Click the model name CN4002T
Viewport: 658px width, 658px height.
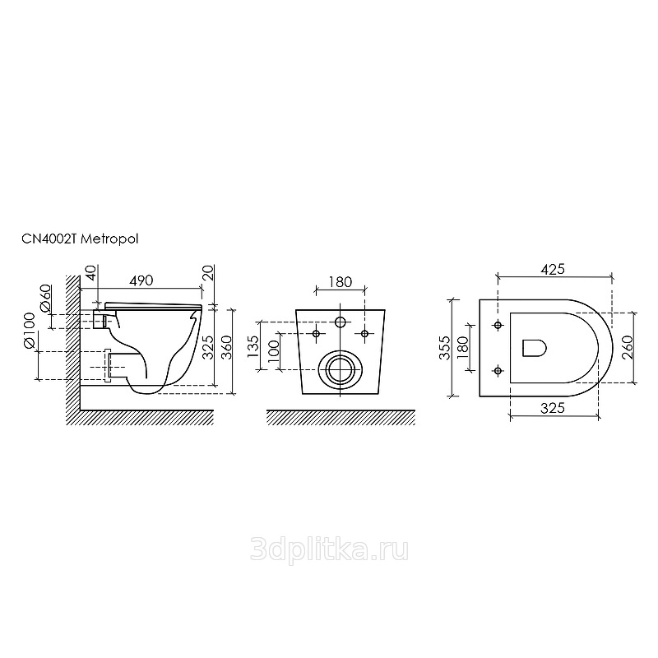pos(49,239)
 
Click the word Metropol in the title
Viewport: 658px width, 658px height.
pos(109,239)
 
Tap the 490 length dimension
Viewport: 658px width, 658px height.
pos(141,280)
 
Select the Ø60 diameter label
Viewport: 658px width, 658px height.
pos(45,299)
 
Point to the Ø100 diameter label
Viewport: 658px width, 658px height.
pos(29,331)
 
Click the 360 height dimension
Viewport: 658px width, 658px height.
pos(226,347)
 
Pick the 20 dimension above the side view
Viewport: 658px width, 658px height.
pos(209,273)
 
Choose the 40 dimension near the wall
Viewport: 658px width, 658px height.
pos(91,273)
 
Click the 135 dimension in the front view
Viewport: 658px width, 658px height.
pos(253,345)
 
